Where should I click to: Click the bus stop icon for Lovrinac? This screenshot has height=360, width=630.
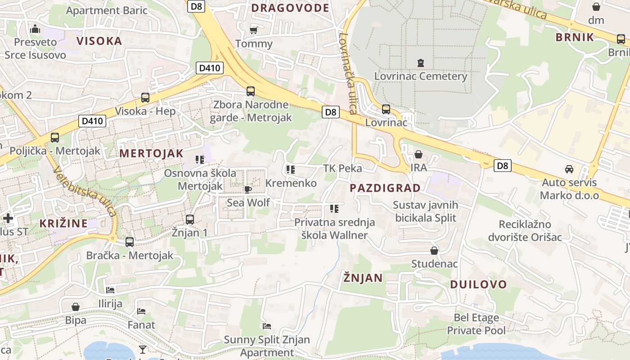386,109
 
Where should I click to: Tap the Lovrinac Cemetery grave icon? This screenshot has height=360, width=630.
421,63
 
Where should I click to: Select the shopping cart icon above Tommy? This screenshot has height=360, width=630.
254,31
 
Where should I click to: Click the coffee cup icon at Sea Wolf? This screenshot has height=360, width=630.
247,189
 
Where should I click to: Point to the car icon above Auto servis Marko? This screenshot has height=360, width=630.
569,169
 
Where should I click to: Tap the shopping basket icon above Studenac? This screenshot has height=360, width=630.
434,251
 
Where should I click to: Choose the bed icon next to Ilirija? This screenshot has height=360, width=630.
110,290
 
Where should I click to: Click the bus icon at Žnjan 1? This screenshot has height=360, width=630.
190,220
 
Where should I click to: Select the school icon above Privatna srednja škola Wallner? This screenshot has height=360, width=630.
334,208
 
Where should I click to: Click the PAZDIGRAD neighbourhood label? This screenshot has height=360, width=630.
385,188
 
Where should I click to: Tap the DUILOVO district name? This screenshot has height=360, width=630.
478,284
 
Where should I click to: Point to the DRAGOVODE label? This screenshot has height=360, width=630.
290,8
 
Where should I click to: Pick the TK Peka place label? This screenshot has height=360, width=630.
342,169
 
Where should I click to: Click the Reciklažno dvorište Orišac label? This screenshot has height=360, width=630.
531,230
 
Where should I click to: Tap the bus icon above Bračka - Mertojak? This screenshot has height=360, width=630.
130,242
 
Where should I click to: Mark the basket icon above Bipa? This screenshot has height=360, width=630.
76,307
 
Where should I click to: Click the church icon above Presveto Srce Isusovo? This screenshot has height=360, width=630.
35,29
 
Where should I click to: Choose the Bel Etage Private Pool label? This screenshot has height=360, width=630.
476,324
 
